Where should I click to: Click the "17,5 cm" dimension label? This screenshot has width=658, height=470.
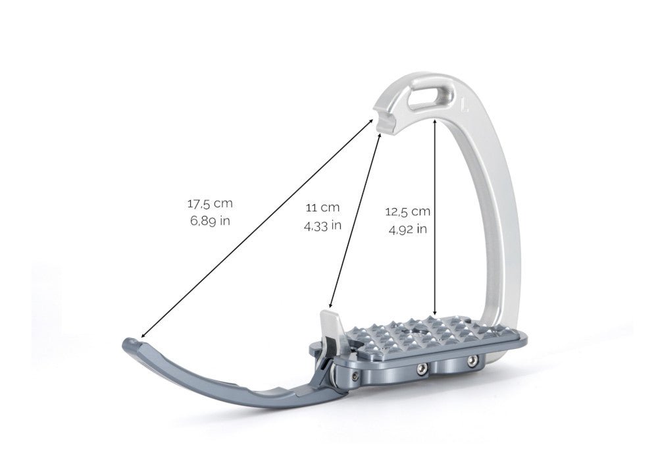click(x=210, y=203)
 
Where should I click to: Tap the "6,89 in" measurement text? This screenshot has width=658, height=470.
click(x=210, y=221)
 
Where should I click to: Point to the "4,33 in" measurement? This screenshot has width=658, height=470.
click(x=322, y=225)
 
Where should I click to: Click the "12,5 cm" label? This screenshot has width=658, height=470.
click(x=407, y=211)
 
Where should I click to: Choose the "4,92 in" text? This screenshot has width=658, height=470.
click(x=407, y=229)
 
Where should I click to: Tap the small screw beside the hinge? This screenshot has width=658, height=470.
click(x=355, y=376)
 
